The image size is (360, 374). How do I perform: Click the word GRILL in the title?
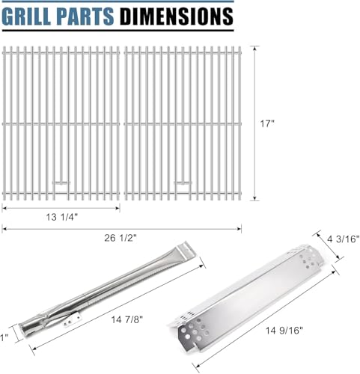pos(27,16)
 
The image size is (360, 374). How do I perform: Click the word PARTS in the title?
pos(85,16)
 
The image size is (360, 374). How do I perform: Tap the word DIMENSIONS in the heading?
pos(177,16)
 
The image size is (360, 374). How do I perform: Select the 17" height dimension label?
pos(267,123)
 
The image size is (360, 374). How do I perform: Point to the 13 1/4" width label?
pos(62,217)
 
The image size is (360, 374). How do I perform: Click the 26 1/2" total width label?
pos(120,238)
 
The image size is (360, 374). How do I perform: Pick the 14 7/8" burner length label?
pos(127,319)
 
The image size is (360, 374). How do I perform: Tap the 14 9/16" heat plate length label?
pos(284,331)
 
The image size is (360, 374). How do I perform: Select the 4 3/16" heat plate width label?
pos(344,239)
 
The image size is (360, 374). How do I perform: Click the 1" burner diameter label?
pos(4,338)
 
